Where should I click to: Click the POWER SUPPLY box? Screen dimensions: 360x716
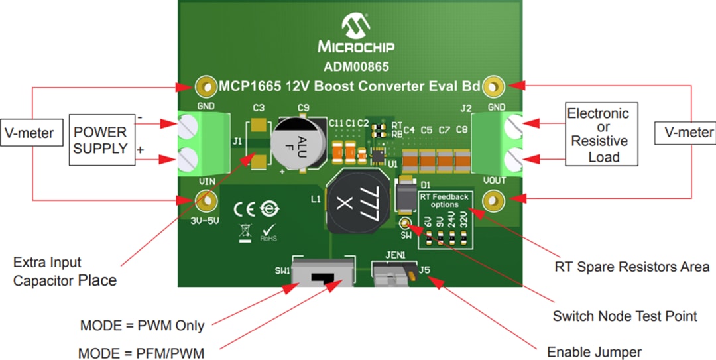pos(101,141)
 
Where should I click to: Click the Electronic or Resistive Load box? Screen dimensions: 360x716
pos(601,133)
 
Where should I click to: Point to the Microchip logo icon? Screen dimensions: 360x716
pos(356,27)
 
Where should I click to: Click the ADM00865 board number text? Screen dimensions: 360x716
pos(356,66)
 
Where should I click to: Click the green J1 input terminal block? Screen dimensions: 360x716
pos(204,143)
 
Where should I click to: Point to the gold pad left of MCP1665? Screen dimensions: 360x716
pos(208,86)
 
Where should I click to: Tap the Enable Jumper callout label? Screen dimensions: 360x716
pos(594,351)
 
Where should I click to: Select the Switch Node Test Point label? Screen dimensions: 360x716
pos(625,316)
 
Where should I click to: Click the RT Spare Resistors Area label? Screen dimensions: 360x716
pos(632,267)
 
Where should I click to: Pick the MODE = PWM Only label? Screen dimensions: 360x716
pos(142,326)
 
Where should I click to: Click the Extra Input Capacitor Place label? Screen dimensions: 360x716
pos(65,271)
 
